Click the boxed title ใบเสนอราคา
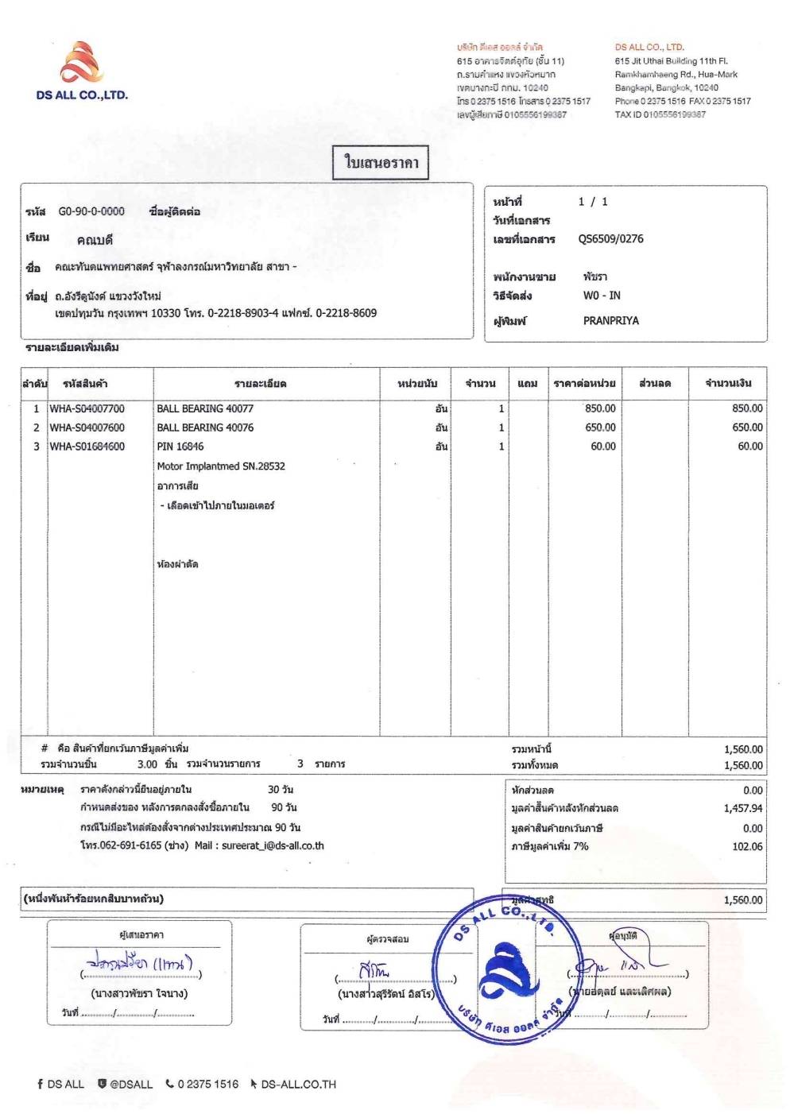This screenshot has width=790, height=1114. (381, 163)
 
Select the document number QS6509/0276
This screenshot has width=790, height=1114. (610, 239)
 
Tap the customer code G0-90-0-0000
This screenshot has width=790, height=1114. (91, 211)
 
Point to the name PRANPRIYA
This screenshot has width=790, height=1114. (610, 321)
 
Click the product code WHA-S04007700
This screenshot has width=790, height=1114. (87, 408)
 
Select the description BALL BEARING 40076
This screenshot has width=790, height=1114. (205, 427)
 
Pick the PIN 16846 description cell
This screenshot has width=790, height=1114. (180, 447)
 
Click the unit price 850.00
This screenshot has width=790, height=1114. (600, 408)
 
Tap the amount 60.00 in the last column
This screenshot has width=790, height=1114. (749, 447)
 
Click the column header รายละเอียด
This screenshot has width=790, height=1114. (261, 384)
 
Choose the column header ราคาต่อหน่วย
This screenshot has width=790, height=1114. (584, 384)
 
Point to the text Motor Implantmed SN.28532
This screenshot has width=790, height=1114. (221, 466)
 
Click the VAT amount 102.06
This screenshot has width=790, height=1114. (747, 847)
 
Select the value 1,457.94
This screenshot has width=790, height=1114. (743, 809)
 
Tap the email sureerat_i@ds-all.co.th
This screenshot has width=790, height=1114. (273, 846)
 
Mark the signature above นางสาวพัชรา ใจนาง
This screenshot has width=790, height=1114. (141, 964)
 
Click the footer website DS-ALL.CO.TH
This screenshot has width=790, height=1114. (298, 1085)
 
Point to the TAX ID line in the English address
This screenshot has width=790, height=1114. (660, 114)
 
